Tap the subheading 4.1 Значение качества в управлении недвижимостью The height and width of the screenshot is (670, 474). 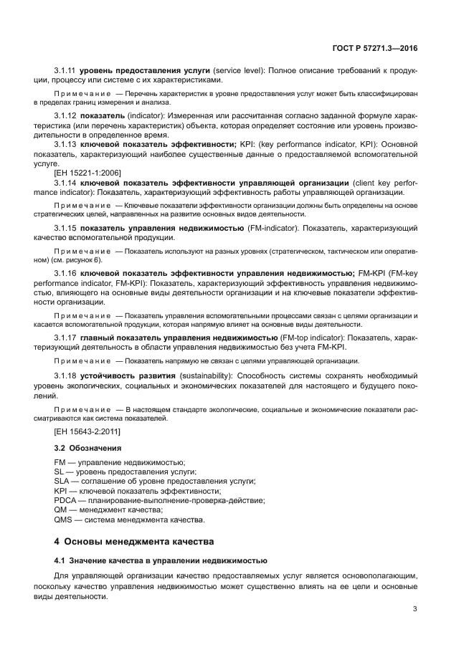[161, 560]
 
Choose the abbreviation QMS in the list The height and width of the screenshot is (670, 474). [65, 519]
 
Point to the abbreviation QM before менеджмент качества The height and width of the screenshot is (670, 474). [62, 509]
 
